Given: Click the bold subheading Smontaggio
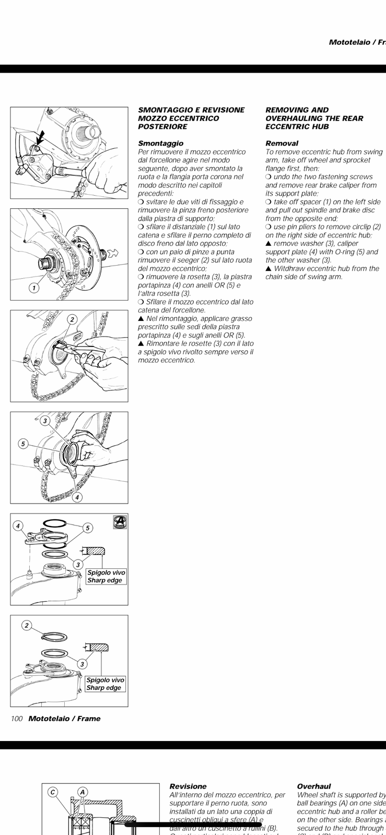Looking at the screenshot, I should pyautogui.click(x=160, y=143).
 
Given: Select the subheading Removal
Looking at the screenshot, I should pyautogui.click(x=282, y=143).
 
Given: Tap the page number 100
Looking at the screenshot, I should pyautogui.click(x=17, y=719).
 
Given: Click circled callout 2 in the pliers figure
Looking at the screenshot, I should pyautogui.click(x=72, y=319).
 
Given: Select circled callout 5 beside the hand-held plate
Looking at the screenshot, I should pyautogui.click(x=22, y=444).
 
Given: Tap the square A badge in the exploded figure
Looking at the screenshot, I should pyautogui.click(x=120, y=522).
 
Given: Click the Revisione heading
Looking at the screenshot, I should pyautogui.click(x=188, y=786).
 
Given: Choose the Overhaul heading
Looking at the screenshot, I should pyautogui.click(x=314, y=786).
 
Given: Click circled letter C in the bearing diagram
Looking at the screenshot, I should pyautogui.click(x=53, y=792).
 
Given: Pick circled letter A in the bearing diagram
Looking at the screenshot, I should pyautogui.click(x=83, y=792).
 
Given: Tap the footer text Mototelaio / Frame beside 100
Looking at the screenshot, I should pyautogui.click(x=64, y=719).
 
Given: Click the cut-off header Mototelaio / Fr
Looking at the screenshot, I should pyautogui.click(x=357, y=42).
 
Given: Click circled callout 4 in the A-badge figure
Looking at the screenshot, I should pyautogui.click(x=18, y=526).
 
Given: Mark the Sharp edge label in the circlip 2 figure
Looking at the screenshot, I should pyautogui.click(x=103, y=688).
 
